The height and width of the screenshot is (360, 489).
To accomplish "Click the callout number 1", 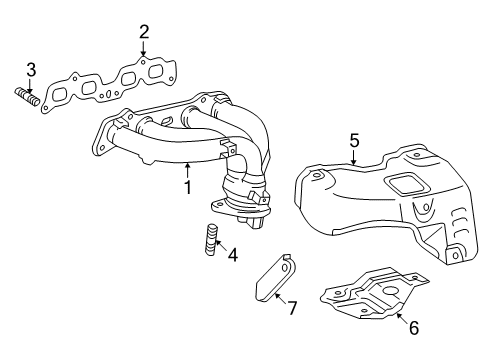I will [x=185, y=186].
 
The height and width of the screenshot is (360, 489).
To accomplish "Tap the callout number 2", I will [x=144, y=32].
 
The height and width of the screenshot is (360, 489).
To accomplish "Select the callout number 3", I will [x=31, y=69].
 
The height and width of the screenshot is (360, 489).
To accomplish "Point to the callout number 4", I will [x=232, y=255].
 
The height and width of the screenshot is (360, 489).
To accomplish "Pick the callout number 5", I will [x=354, y=142].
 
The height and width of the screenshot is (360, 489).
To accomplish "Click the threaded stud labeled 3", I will [x=27, y=96].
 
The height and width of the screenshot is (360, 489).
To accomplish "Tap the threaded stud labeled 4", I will [x=209, y=243].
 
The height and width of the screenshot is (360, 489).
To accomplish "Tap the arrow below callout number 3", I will [x=30, y=86].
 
